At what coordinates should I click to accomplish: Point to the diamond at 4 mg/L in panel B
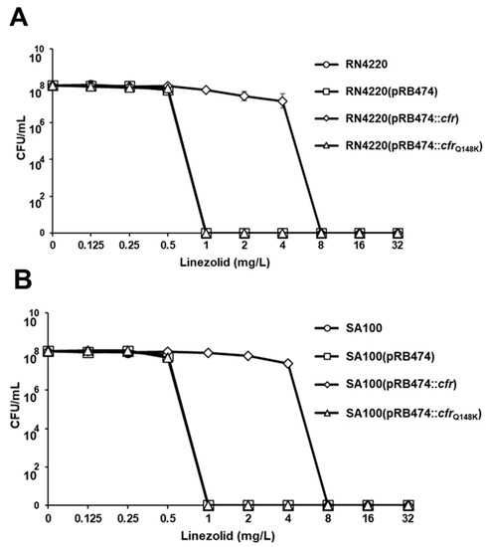(288, 364)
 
